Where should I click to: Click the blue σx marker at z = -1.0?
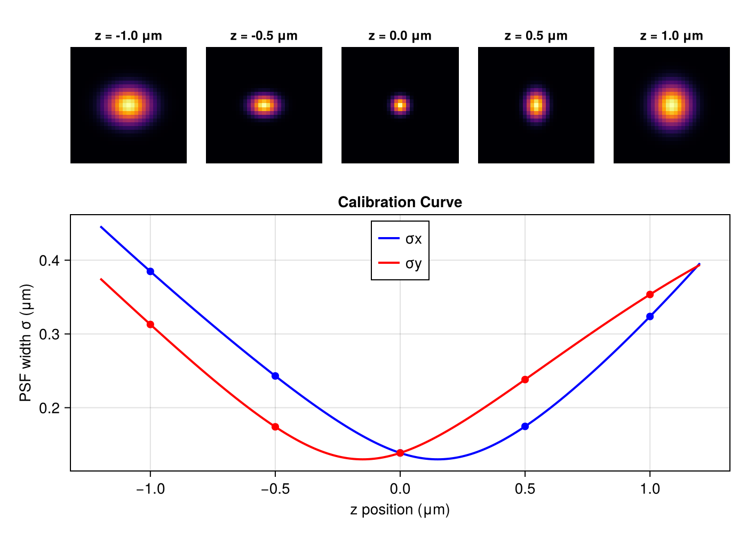coord(150,271)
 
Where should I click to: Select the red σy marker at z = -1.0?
coord(150,325)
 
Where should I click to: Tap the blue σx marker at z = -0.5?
coord(275,376)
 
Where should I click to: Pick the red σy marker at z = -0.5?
coord(275,427)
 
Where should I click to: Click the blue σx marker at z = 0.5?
coord(525,426)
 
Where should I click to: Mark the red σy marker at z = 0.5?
coord(525,380)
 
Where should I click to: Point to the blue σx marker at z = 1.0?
coord(650,317)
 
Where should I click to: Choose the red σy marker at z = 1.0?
coord(650,295)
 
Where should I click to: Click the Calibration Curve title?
coord(400,202)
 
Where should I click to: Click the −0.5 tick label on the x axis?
coord(275,489)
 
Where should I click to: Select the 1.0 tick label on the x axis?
coord(650,489)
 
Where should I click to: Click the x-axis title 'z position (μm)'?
coord(400,510)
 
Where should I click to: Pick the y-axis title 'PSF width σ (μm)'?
coord(26,343)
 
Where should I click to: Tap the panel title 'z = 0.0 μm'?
coord(400,36)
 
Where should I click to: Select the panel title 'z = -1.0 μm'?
coord(129,36)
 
